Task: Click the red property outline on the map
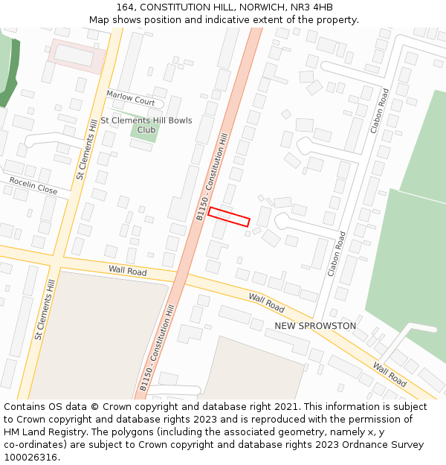point(229,217)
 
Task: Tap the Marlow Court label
point(130,97)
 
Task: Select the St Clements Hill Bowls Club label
point(146,125)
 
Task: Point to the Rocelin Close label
point(33,185)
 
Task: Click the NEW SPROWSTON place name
point(315,326)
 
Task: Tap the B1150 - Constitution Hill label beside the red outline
point(212,176)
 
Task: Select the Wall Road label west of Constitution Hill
point(128,270)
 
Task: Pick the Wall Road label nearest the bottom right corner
point(390,374)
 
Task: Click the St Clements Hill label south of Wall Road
point(45,310)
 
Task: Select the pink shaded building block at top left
point(75,55)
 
